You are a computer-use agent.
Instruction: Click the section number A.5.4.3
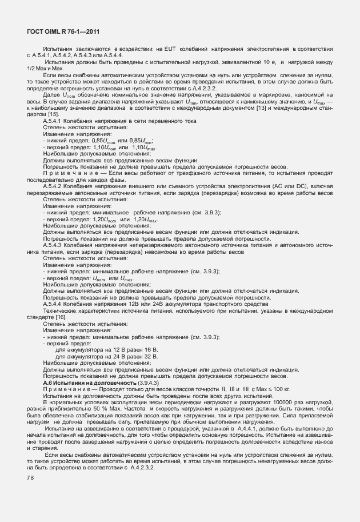(x=54, y=245)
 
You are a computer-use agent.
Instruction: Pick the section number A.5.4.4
(x=54, y=303)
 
